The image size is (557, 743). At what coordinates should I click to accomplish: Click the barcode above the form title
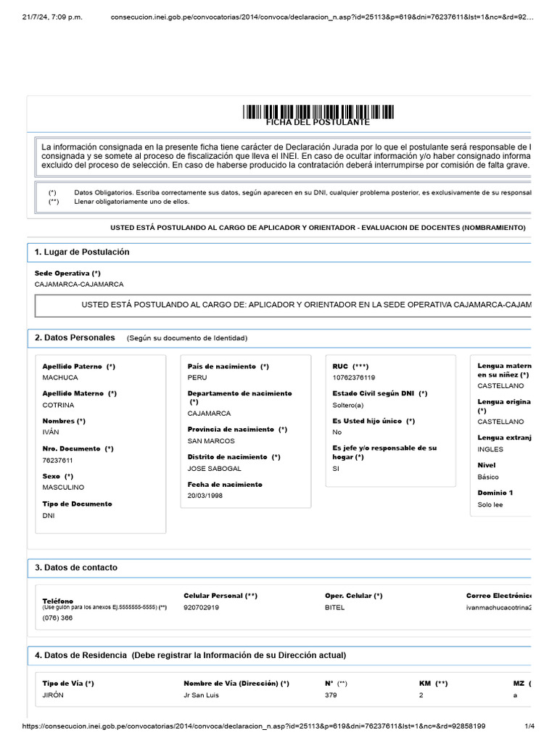point(318,112)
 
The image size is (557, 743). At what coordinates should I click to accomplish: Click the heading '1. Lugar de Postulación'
point(82,252)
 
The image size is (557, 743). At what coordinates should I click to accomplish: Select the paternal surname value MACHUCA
point(60,377)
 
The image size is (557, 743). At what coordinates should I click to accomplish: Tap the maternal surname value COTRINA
point(58,405)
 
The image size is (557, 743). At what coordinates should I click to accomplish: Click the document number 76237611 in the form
point(58,460)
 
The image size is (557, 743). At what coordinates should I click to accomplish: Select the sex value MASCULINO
point(63,488)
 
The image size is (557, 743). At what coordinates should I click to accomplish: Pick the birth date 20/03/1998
point(205,496)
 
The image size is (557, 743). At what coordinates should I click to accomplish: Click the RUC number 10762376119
point(354,377)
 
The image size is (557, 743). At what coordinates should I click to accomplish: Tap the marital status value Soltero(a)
point(348,405)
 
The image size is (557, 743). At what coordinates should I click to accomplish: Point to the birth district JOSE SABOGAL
point(215,469)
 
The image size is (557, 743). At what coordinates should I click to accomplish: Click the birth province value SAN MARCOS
point(211,441)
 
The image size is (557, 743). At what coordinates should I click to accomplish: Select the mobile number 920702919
point(201,607)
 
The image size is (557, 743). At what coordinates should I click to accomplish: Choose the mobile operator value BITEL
point(335,607)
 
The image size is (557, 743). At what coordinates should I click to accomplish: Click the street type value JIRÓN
point(54,695)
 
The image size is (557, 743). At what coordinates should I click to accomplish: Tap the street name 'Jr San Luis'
point(202,695)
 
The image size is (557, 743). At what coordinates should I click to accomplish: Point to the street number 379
point(331,695)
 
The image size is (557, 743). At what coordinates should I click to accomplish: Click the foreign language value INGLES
point(490,449)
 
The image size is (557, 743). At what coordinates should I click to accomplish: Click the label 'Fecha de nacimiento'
point(225,484)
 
